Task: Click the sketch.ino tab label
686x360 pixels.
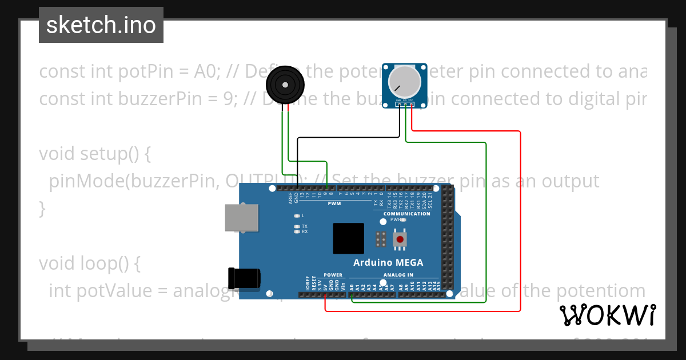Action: (x=101, y=25)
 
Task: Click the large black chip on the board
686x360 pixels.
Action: (x=348, y=238)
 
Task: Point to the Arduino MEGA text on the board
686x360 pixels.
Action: (x=388, y=263)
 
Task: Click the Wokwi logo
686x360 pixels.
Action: (x=607, y=315)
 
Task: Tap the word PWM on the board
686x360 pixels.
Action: (x=334, y=203)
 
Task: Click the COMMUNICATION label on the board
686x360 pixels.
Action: (x=406, y=214)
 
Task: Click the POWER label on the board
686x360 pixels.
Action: (x=333, y=275)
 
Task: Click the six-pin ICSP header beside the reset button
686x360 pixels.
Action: (x=381, y=239)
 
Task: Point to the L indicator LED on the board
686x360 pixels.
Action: (x=297, y=216)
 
